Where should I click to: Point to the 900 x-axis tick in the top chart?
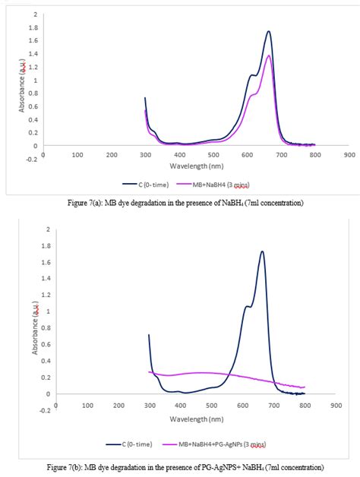[349, 153]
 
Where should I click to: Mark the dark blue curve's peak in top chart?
[269, 31]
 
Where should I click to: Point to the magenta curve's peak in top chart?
[269, 55]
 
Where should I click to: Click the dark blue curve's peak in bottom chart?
[262, 251]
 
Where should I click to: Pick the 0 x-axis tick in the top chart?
[43, 153]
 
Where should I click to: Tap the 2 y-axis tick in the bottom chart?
[36, 229]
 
